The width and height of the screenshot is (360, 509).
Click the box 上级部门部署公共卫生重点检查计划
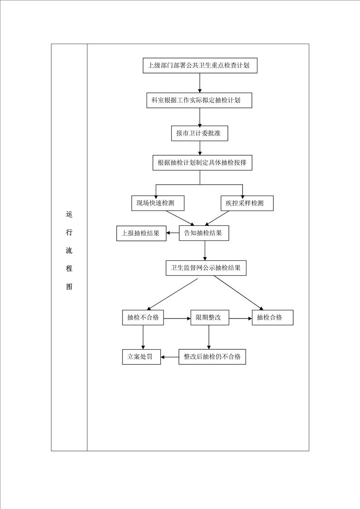[200, 66]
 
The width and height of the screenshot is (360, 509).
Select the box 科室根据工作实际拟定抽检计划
[199, 100]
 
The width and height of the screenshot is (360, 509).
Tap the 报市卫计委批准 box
[199, 133]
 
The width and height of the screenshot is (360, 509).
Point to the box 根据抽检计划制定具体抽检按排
[202, 162]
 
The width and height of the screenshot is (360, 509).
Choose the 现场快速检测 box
[158, 203]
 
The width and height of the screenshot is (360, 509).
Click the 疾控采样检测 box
[247, 203]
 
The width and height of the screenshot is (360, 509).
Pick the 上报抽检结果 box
[141, 233]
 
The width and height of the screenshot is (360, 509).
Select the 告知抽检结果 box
[204, 233]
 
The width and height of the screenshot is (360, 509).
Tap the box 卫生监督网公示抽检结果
[206, 268]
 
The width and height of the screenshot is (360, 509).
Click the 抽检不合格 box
[143, 318]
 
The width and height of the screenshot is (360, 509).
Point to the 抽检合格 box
[272, 318]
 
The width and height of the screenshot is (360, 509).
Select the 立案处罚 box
[141, 357]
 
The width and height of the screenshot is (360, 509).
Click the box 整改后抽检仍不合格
[212, 357]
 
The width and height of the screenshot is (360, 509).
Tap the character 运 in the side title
[69, 214]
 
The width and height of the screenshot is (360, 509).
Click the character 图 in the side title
[69, 286]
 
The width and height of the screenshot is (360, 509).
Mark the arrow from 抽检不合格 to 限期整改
[177, 318]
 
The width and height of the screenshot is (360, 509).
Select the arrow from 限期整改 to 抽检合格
[241, 318]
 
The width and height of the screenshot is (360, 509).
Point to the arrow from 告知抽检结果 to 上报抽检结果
[173, 233]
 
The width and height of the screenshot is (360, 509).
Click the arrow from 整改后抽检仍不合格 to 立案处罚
[170, 357]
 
